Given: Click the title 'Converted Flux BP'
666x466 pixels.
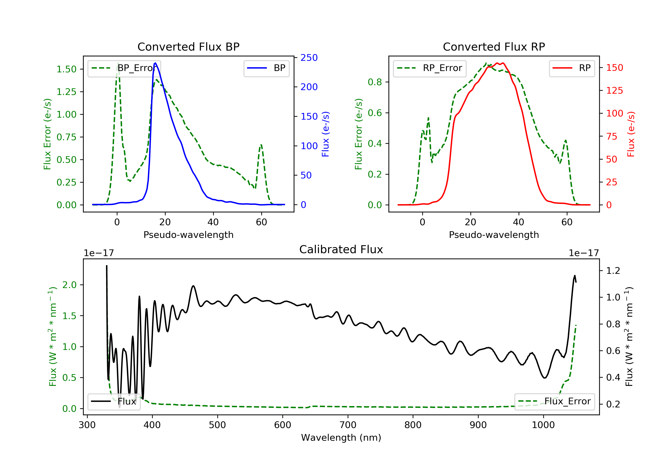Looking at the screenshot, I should (x=188, y=47).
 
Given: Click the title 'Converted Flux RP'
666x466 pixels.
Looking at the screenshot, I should (x=494, y=47).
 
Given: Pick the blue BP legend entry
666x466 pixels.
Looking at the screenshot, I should (x=266, y=68).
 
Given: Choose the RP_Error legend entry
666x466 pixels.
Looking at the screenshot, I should (x=430, y=68).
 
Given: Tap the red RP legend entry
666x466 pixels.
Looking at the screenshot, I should (x=572, y=68).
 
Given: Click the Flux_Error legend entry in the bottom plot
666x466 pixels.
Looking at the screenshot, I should (x=554, y=401).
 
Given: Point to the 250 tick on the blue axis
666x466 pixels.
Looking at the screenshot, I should (x=309, y=58).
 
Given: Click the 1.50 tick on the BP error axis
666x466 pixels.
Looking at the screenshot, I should (x=66, y=69).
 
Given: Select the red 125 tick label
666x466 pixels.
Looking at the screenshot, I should (x=614, y=91).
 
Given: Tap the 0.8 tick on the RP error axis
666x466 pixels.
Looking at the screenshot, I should (x=375, y=82).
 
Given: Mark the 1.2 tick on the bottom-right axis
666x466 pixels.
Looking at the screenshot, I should (x=613, y=271).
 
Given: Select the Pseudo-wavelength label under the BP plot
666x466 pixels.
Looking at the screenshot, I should (x=188, y=235).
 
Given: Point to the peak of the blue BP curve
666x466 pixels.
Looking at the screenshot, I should (x=155, y=63).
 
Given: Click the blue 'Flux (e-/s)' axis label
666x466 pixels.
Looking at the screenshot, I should (x=325, y=134).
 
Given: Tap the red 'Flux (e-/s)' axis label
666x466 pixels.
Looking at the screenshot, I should (x=631, y=134).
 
